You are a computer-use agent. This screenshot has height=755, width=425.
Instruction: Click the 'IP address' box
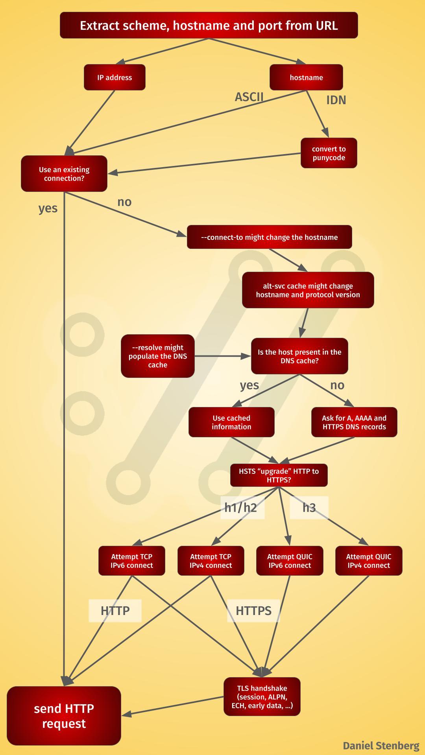[x=115, y=77]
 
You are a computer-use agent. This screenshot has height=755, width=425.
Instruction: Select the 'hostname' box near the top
[x=306, y=77]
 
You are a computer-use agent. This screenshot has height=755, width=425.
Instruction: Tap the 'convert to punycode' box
[x=329, y=153]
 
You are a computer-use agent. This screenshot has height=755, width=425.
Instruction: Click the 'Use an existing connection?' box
[x=64, y=174]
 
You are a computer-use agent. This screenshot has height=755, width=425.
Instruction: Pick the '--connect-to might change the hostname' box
[x=269, y=237]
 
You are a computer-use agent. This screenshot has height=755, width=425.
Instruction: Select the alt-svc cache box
[x=308, y=290]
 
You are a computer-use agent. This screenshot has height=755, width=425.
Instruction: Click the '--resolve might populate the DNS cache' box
[x=157, y=356]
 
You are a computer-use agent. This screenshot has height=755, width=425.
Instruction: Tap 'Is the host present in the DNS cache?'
[x=299, y=356]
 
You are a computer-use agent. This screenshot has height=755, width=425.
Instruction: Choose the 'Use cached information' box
[x=231, y=422]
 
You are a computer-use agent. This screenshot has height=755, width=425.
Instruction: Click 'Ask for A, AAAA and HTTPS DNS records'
[x=354, y=422]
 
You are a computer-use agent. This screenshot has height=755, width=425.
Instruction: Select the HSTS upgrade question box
[x=279, y=475]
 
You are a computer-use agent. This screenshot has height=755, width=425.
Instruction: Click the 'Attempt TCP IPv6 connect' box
[x=131, y=561]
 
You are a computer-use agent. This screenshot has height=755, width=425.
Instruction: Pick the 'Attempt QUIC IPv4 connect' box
[x=369, y=561]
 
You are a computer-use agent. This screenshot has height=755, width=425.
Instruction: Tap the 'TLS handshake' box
[x=262, y=697]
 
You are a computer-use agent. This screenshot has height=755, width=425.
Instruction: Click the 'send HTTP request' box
[x=64, y=716]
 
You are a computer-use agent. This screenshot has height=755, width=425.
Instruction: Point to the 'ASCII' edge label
[x=249, y=97]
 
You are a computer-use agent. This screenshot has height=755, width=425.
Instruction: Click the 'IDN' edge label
[x=336, y=100]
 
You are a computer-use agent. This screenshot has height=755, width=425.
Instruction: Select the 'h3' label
[x=309, y=508]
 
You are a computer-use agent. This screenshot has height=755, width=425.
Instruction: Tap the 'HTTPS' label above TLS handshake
[x=253, y=611]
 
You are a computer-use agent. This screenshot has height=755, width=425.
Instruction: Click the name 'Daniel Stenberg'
[x=381, y=746]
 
